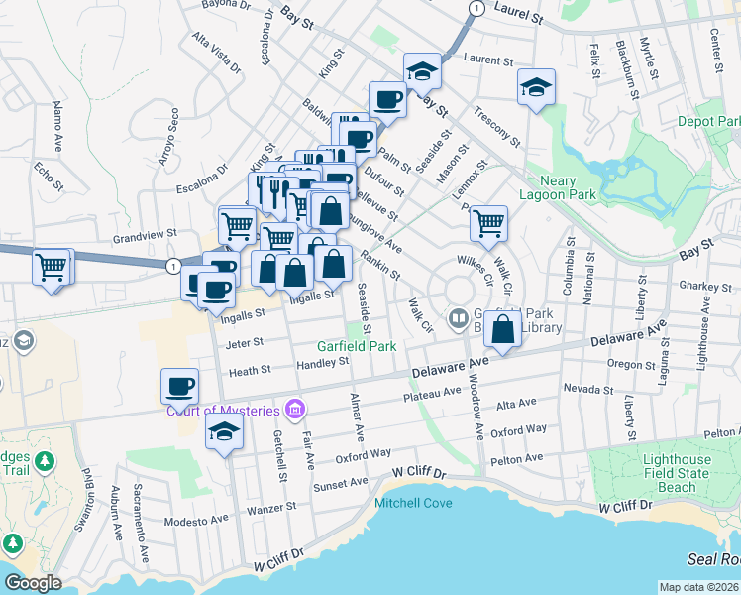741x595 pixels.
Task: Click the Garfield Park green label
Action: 357,346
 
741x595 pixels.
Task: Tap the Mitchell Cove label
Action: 413,503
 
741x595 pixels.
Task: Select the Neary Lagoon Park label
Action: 555,187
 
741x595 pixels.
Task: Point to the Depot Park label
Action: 708,121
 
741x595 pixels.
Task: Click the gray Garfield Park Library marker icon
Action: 458,318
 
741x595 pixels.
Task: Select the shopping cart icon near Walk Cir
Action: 488,223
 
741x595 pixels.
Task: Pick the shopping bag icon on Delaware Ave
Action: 503,329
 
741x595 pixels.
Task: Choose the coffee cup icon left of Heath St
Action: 180,385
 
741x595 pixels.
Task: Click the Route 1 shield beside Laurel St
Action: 476,8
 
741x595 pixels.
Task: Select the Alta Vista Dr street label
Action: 217,55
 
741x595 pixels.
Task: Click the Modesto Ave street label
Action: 193,521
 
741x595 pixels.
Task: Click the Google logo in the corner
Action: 33,583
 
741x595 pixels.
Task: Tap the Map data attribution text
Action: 699,587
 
